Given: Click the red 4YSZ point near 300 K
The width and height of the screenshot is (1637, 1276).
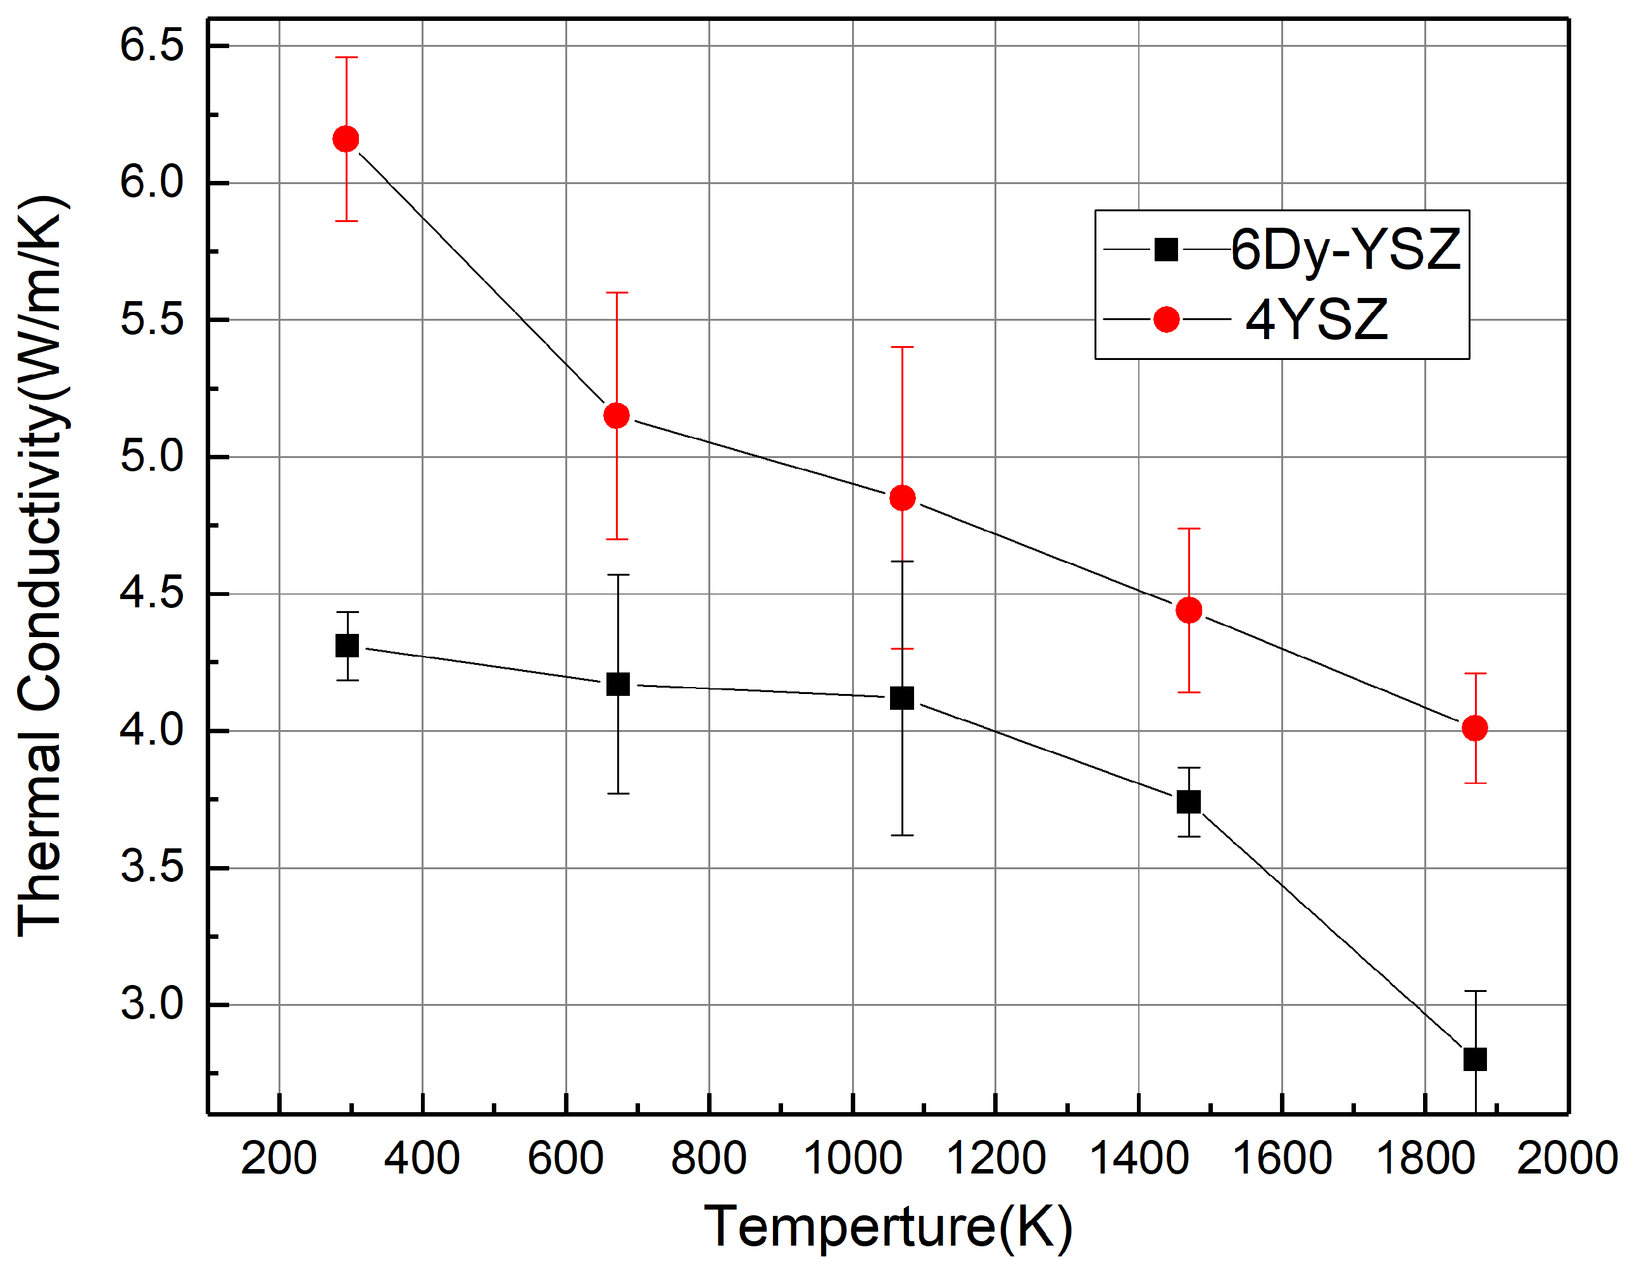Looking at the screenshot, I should (x=346, y=139).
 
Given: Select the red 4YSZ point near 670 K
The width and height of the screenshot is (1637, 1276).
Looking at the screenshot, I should (x=616, y=415).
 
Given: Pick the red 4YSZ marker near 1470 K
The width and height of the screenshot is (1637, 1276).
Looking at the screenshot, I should (x=1189, y=610).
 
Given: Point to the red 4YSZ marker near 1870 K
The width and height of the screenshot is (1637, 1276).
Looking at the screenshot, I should (x=1474, y=728).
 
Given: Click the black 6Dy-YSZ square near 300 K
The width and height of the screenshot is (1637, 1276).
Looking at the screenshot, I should (x=346, y=646).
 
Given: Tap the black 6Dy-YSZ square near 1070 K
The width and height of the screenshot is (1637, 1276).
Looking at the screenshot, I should (x=901, y=698).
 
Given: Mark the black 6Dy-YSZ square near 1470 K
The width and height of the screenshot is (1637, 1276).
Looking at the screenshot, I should (x=1189, y=802).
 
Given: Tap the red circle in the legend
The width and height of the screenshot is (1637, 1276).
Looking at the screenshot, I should (x=1166, y=320).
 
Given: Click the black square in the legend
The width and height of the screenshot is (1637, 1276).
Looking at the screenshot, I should (x=1166, y=249).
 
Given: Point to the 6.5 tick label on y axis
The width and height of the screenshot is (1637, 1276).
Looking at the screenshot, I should (x=152, y=46).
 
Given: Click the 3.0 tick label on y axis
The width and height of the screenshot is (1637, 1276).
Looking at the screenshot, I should (x=152, y=1005).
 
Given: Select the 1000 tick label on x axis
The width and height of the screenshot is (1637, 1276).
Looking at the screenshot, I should (x=852, y=1158).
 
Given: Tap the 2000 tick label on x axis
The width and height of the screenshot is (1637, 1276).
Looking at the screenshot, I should (x=1567, y=1158).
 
